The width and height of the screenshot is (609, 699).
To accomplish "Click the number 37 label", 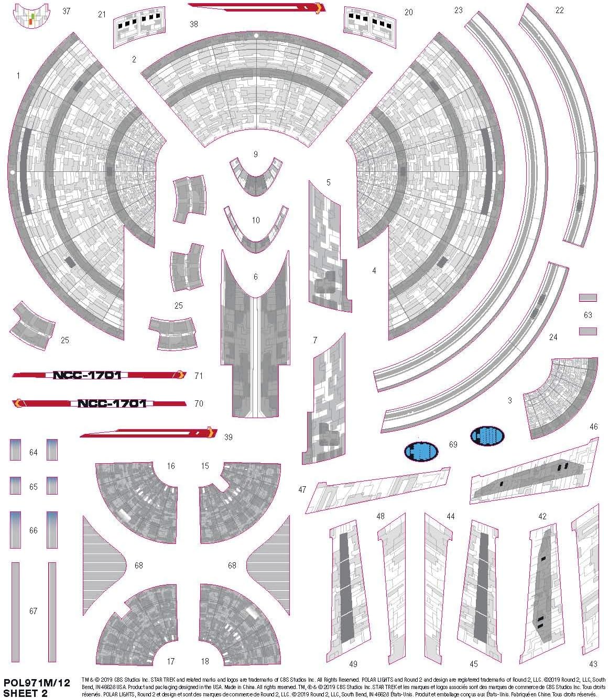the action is pos(66,11).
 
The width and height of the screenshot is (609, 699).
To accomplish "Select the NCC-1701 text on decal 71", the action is pos(87,375).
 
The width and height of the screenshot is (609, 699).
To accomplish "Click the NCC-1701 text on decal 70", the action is pos(112,403).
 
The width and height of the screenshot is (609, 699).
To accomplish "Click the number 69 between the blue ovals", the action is pos(453,444).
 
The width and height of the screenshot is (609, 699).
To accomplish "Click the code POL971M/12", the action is pos(36,684).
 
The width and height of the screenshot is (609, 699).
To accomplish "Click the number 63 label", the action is pos(588,315).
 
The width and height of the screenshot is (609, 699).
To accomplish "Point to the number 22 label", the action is pos(559,10).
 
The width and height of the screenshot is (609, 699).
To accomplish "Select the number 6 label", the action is pos(255,277).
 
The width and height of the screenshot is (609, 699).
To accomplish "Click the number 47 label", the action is pos(302,489).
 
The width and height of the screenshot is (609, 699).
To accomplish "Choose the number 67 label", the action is pos(34,611).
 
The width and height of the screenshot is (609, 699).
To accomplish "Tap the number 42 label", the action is pos(542,516).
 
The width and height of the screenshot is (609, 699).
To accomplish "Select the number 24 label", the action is pos(553,337).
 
